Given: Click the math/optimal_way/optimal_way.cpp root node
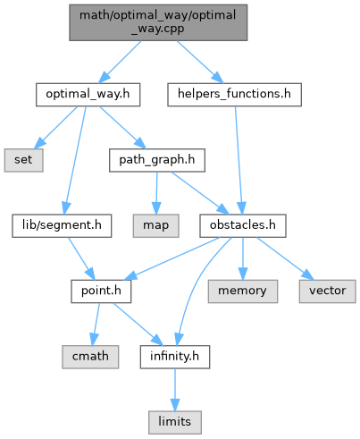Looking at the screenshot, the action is coord(158,22).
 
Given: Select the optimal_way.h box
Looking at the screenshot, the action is coord(88,95).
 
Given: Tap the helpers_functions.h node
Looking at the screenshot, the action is coord(234,95).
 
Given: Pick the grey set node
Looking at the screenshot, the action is coord(23,160).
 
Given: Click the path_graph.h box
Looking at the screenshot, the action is coord(157,160).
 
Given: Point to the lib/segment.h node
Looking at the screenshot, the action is coord(62,225).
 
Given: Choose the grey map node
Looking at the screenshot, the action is coord(155,225).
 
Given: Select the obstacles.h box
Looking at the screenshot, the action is coord(243,225).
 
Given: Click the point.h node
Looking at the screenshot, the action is coord(101,291).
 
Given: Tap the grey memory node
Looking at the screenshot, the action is coord(243,291).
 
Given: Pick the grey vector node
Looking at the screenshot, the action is coord(327,291).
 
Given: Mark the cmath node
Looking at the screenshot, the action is coord(90,357).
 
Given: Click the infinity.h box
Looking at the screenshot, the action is coord(175,357).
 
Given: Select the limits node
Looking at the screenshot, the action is coord(175,422).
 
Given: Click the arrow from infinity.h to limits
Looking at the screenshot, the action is coord(175,390).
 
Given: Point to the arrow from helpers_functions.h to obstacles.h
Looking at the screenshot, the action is coord(239,160).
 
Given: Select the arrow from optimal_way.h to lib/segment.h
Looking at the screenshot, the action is coord(76,160).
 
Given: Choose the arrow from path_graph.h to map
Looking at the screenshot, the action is coord(156,193).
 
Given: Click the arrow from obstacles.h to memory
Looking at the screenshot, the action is coord(243,258).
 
